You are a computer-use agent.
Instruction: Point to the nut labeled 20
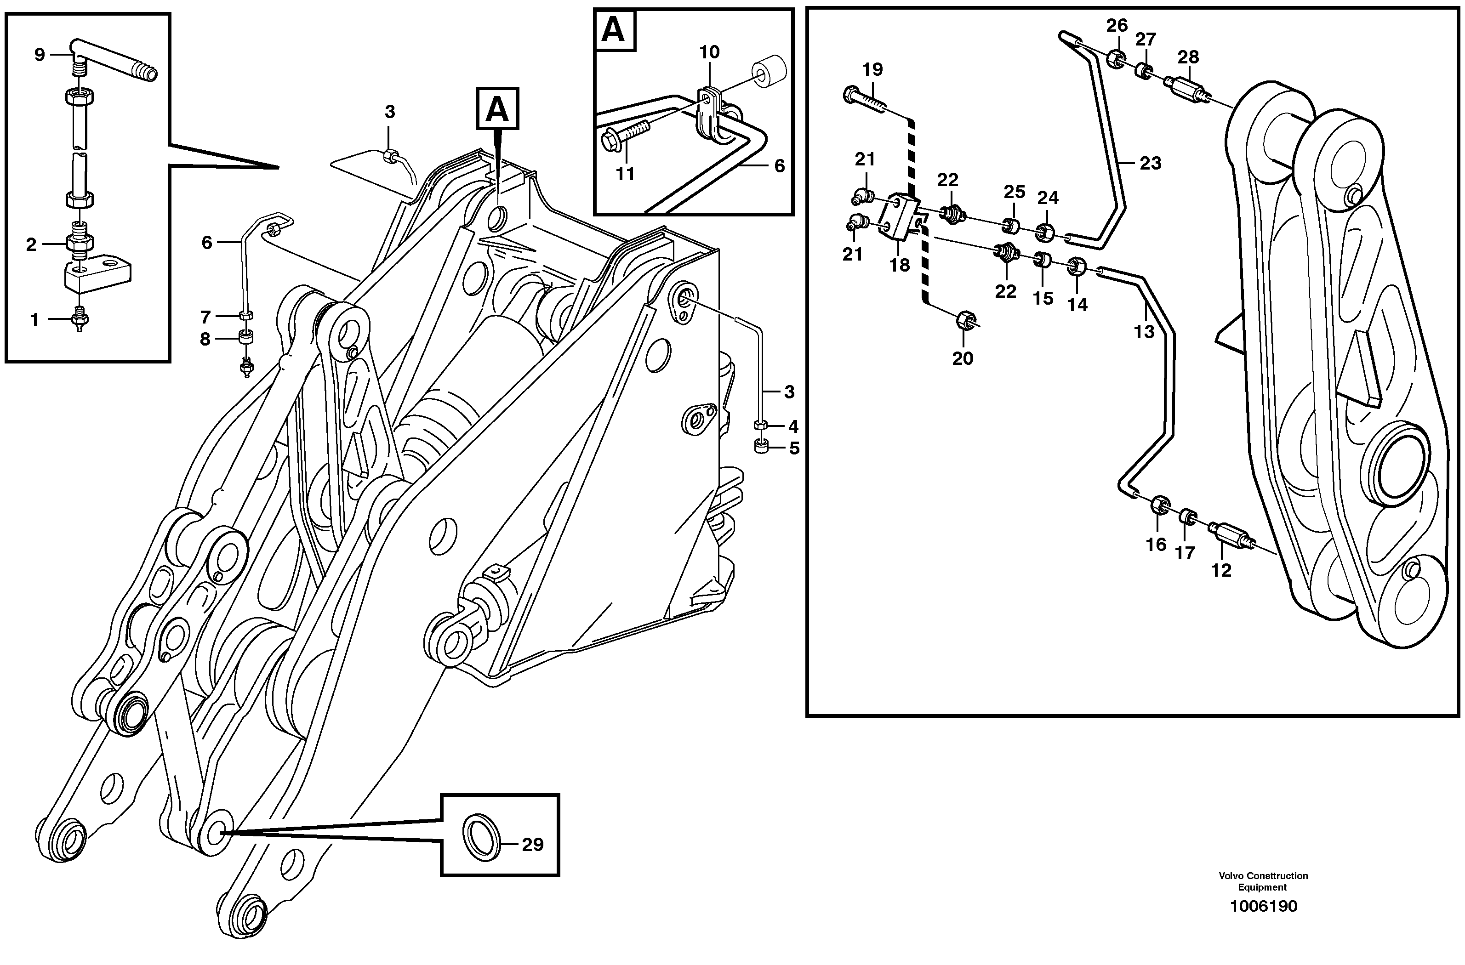(x=964, y=321)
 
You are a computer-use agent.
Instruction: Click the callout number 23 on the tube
(x=1150, y=163)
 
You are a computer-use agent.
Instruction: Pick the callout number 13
(x=1144, y=332)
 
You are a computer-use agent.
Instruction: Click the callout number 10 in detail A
(x=709, y=52)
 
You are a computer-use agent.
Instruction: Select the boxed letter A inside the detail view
(x=613, y=29)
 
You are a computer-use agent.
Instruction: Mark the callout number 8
(x=205, y=339)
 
